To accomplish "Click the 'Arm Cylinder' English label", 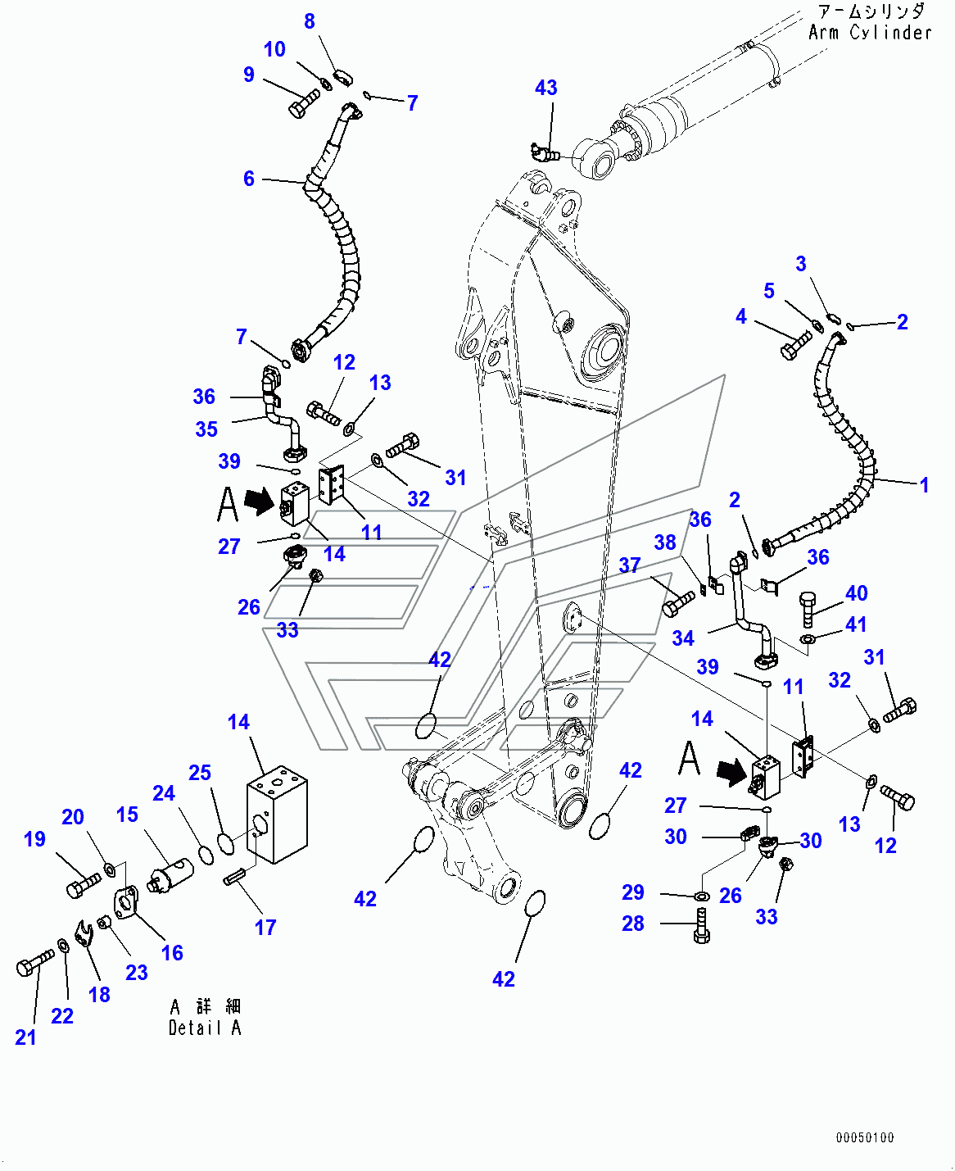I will (x=870, y=33).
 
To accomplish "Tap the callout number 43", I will (x=546, y=88).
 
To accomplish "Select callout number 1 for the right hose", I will (x=924, y=484).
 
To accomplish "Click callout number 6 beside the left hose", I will (x=249, y=179).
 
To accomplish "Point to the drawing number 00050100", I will (x=865, y=1137).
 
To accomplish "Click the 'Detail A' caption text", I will (x=205, y=1028).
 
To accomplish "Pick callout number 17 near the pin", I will (x=265, y=927).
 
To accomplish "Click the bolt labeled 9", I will (x=304, y=104).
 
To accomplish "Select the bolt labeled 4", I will (x=794, y=346).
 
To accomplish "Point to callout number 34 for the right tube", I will (x=683, y=638).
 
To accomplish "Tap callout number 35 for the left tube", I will (x=206, y=429).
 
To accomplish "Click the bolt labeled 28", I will (x=702, y=926).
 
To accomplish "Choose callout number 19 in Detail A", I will (x=34, y=838).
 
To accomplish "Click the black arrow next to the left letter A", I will (x=259, y=500).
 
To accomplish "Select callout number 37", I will (x=629, y=565).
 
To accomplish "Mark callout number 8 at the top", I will (x=310, y=21).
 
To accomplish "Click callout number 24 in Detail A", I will (x=164, y=793).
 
